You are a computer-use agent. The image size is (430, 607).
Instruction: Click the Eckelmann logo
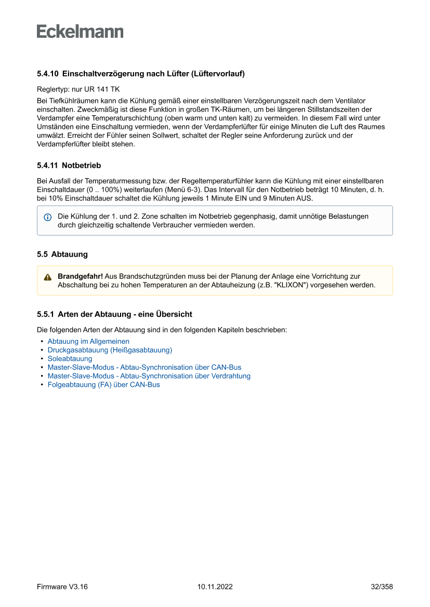pos(80,32)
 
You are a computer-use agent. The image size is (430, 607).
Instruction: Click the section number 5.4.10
pos(48,74)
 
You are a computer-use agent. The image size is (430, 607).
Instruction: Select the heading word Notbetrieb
pos(81,166)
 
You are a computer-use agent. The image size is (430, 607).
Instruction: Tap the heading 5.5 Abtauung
pos(62,254)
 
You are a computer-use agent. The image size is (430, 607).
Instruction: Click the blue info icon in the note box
pos(47,217)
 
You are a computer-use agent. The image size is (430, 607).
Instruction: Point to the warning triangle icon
pos(47,277)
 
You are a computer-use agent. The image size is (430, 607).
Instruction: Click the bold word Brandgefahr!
pos(80,277)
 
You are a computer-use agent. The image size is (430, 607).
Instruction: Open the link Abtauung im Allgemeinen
pos(88,342)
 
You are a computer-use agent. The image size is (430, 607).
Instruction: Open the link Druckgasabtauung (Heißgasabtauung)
pos(110,350)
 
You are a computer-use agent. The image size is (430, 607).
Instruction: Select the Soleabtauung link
pos(70,359)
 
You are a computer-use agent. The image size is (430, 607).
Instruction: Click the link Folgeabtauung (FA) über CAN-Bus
pos(103,385)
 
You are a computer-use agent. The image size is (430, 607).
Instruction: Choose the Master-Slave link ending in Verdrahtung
pos(149,376)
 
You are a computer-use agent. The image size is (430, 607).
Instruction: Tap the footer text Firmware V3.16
pos(62,587)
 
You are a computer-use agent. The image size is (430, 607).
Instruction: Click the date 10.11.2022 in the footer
pos(215,587)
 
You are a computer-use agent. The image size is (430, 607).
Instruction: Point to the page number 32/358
pos(382,587)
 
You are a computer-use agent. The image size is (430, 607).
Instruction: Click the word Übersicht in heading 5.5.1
pos(174,314)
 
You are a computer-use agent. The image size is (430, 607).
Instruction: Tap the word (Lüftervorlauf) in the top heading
pos(218,74)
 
